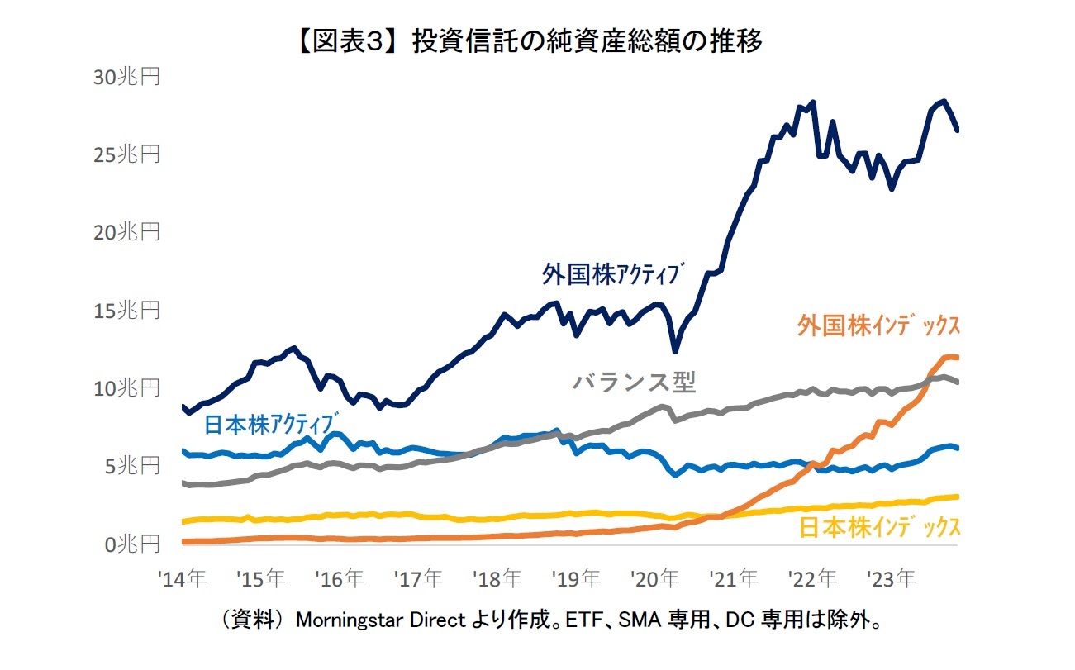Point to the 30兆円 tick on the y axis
coord(126,77)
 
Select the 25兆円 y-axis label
coord(126,154)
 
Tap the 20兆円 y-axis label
coord(126,233)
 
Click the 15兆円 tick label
coord(126,311)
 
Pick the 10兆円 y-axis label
coord(126,388)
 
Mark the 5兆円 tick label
coord(131,467)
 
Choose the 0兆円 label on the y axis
coord(131,544)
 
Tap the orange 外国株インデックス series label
coord(878,325)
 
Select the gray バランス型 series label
coord(634,382)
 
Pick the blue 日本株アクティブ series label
coord(272,424)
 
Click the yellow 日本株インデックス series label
coord(880,527)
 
